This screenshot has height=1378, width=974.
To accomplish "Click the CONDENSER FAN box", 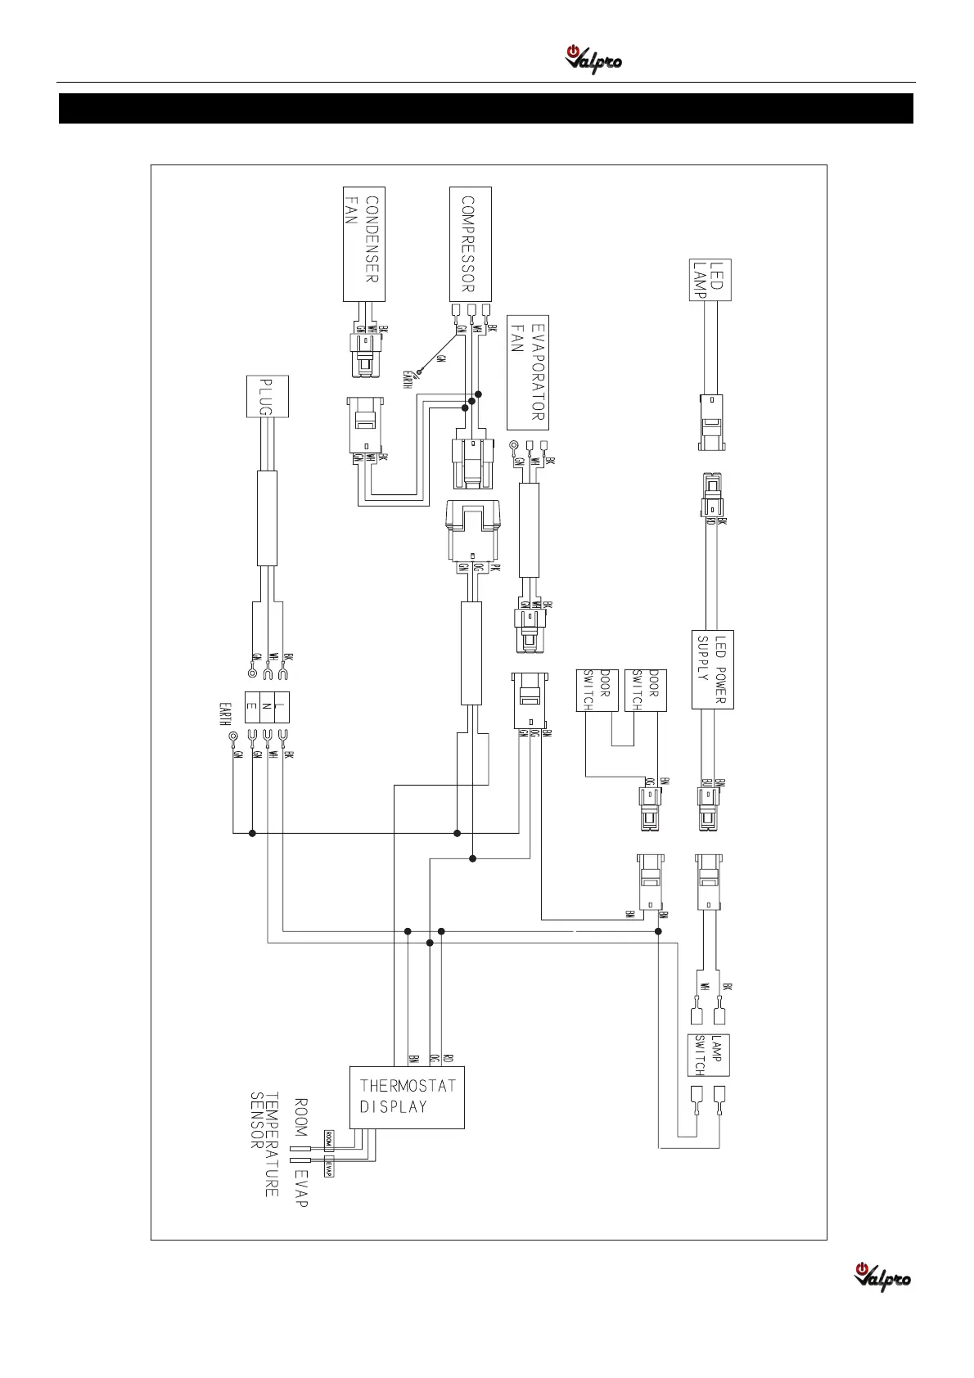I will point(363,243).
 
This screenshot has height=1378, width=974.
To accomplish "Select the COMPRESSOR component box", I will point(471,243).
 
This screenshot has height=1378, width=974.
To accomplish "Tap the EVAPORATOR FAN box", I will point(528,372).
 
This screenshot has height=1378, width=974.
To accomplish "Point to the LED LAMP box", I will point(711,280).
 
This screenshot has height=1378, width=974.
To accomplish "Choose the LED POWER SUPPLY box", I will point(712,669).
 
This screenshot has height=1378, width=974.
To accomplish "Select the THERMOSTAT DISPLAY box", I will point(408,1097).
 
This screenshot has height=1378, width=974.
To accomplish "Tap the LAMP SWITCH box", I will point(708,1055).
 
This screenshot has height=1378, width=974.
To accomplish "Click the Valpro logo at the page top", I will point(593,60).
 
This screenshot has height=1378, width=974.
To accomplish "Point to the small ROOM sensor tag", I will point(328,1138).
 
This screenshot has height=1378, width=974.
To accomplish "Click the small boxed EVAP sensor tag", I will point(328,1168).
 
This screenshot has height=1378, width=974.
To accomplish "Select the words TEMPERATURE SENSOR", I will point(264,1144).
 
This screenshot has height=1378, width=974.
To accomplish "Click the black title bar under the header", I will point(486,108).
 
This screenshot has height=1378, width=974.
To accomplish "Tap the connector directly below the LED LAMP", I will point(711,422).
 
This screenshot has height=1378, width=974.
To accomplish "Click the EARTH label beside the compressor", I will point(407,380).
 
